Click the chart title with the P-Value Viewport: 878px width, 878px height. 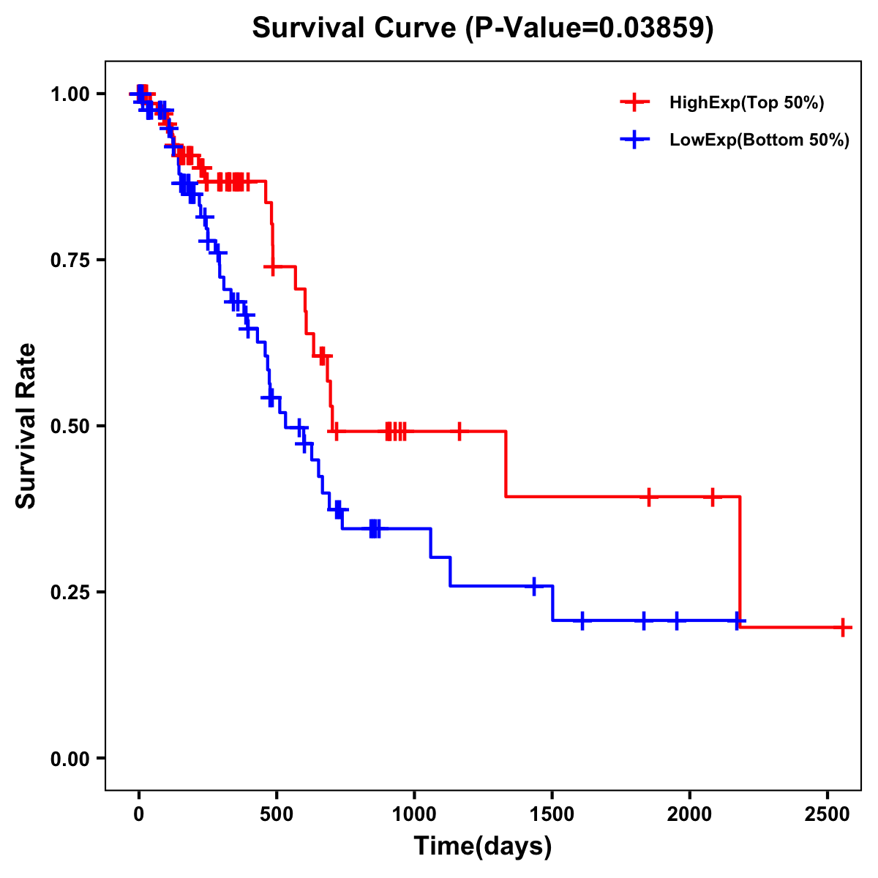click(x=483, y=29)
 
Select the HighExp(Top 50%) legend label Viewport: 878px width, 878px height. click(x=747, y=103)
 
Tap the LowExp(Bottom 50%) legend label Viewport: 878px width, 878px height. click(x=759, y=140)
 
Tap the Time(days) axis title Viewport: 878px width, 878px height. click(x=483, y=847)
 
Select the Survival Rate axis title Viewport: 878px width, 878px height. click(x=27, y=426)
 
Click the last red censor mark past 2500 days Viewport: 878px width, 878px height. click(x=843, y=628)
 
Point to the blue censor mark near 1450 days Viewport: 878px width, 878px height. click(x=534, y=586)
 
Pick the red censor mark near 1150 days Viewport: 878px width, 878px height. click(x=459, y=432)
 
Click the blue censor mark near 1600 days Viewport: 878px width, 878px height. click(x=582, y=620)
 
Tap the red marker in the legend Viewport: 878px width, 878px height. click(x=635, y=103)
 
